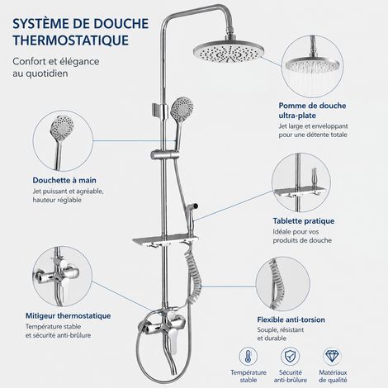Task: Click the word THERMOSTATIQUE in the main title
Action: (71, 40)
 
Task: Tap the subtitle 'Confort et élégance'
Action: (56, 61)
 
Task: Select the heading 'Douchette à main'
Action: (64, 180)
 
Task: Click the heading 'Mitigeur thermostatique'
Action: (69, 315)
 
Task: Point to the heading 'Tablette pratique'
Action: (304, 221)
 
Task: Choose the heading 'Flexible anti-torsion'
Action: (291, 319)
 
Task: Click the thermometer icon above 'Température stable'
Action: (248, 357)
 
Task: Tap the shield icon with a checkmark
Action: (290, 357)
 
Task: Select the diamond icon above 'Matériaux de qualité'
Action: (332, 357)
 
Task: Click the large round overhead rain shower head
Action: (229, 52)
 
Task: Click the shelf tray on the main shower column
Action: (166, 241)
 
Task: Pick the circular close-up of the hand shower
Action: (63, 140)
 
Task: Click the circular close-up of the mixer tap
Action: (62, 276)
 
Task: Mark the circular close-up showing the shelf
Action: (301, 182)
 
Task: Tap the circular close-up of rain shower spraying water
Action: (312, 67)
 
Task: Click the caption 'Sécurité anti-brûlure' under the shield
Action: (291, 376)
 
